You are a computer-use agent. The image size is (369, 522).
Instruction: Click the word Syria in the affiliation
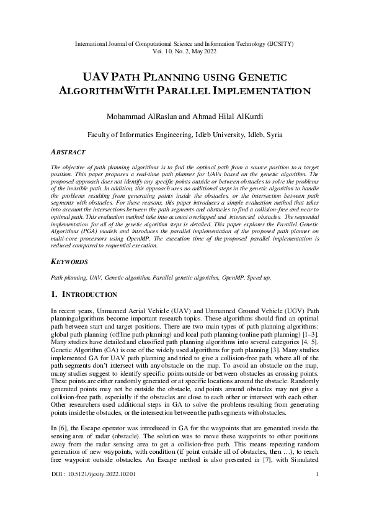[273, 134]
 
